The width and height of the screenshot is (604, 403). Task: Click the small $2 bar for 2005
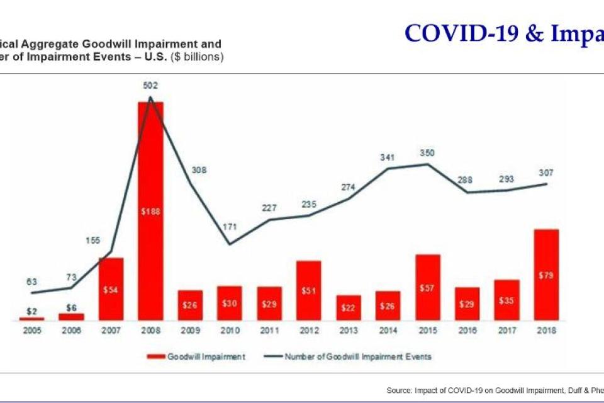pos(31,319)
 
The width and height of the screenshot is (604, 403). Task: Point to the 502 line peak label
pos(150,85)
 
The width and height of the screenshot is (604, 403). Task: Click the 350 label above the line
pos(427,153)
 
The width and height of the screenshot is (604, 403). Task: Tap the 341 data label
pos(388,157)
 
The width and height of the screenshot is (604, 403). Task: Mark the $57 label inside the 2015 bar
pos(427,287)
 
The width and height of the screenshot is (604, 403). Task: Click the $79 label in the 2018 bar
pos(545,275)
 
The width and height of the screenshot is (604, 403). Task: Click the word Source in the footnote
pos(398,390)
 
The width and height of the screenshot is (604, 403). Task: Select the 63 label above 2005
pos(31,281)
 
